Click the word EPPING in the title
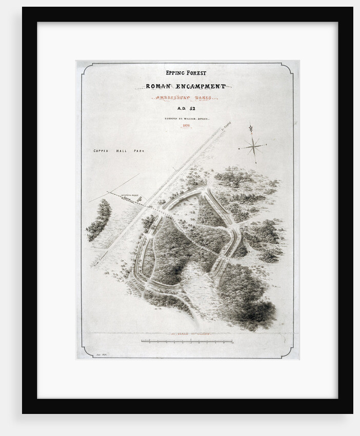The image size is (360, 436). point(172,73)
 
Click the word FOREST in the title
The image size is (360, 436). point(196,73)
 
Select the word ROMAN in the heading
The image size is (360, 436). point(162,86)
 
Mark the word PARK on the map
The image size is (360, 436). point(139,151)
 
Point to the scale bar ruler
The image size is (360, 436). point(187,341)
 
